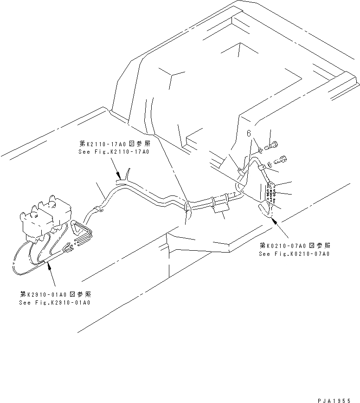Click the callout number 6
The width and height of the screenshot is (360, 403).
point(249,133)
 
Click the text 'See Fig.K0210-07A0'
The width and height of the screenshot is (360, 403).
point(294,254)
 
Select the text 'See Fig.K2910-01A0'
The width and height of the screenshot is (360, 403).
point(54,302)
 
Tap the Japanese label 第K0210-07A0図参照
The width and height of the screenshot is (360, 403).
point(294,246)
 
